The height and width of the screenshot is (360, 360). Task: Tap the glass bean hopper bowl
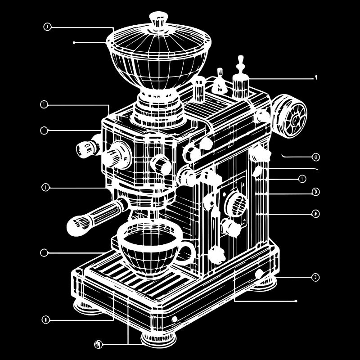(x=158, y=63)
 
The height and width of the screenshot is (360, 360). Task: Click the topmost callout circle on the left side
(x=47, y=27)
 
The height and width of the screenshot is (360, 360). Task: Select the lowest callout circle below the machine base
(x=99, y=344)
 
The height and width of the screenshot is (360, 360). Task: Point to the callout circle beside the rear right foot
(x=315, y=277)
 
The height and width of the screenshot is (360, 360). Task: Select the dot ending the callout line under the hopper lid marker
(x=74, y=43)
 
